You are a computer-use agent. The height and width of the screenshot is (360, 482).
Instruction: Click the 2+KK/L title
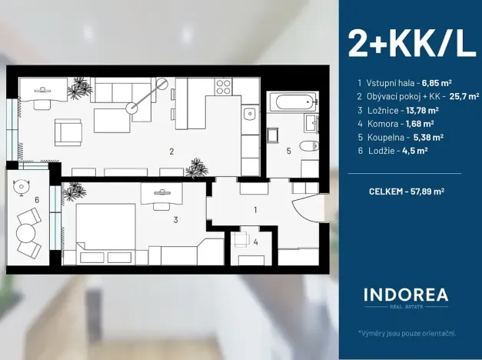click(411, 43)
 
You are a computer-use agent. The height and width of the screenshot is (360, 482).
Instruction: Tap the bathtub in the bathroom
click(292, 101)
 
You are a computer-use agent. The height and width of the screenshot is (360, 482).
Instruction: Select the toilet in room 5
click(308, 146)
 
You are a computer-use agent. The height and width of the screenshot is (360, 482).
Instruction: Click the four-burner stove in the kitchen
click(224, 86)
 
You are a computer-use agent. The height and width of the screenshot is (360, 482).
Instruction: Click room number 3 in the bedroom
click(175, 220)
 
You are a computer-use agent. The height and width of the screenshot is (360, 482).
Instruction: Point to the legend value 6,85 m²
click(437, 82)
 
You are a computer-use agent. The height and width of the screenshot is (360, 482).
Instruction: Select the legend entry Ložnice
click(384, 109)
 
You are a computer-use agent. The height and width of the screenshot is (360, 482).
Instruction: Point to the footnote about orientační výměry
click(407, 332)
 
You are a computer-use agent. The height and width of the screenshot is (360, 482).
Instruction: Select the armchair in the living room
click(68, 132)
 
